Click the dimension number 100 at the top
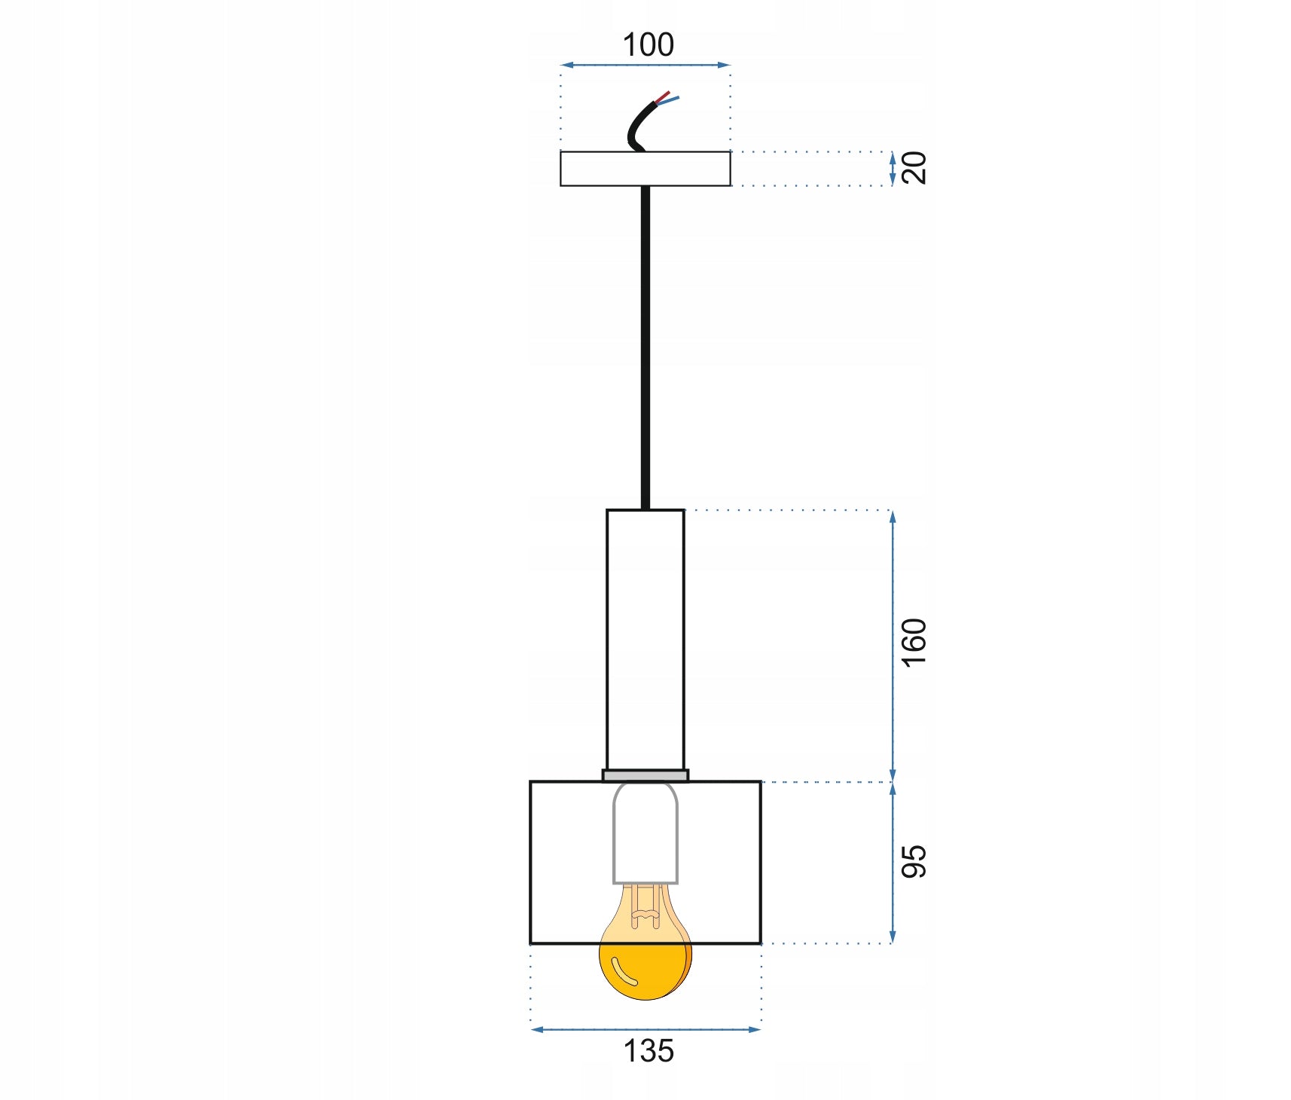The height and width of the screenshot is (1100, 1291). (x=648, y=45)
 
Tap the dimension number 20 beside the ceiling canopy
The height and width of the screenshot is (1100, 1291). (x=914, y=167)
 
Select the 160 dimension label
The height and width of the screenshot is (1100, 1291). (x=914, y=642)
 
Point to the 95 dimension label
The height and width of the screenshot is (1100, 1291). (x=914, y=861)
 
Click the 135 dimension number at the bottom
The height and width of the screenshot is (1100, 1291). (x=648, y=1051)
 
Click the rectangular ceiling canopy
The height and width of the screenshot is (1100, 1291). (x=645, y=169)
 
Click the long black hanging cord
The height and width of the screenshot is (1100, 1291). (x=645, y=347)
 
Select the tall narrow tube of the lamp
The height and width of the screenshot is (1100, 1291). (x=645, y=640)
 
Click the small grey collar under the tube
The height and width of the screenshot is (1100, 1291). (x=645, y=775)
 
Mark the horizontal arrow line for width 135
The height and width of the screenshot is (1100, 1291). (x=645, y=1029)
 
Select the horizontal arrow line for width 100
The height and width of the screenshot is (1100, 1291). (x=645, y=66)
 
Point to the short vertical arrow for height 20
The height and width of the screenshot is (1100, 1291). (x=893, y=168)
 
